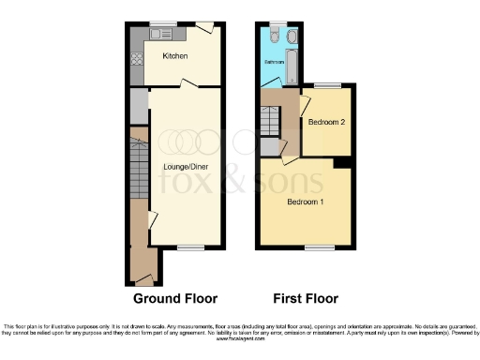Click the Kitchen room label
tap(175, 56)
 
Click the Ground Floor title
tap(175, 299)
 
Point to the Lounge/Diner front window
tap(190, 248)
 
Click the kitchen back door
tap(205, 28)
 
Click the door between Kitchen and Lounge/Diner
tap(188, 85)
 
